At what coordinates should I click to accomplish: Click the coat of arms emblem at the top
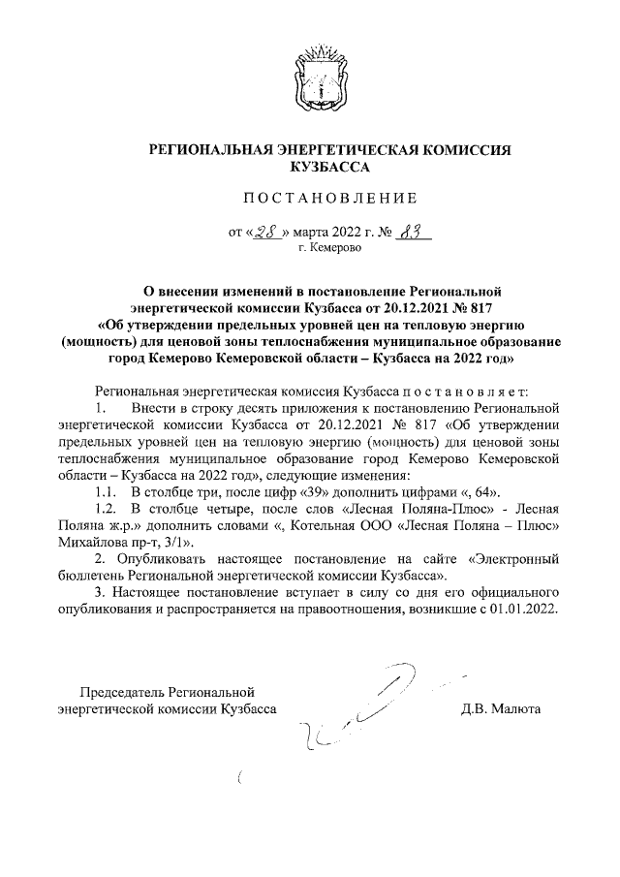[x=317, y=74]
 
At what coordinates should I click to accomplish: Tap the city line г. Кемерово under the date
[x=329, y=248]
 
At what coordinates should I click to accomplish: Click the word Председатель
[x=123, y=692]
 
